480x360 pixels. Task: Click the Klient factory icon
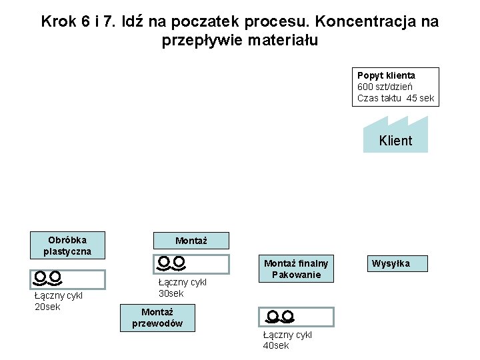pos(395,135)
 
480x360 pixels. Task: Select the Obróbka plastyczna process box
pos(67,245)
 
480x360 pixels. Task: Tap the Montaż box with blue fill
pos(191,240)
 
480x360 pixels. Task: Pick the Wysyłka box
pos(391,263)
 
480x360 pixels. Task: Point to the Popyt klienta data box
pos(397,87)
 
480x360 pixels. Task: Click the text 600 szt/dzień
pos(385,87)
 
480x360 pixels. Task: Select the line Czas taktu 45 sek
pos(395,98)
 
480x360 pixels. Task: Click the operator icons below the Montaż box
pos(171,263)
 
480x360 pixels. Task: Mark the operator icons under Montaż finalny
pos(279,316)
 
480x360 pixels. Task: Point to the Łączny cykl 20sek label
pos(57,301)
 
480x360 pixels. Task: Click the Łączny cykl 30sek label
pos(182,288)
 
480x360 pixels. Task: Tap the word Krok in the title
pos(57,21)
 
